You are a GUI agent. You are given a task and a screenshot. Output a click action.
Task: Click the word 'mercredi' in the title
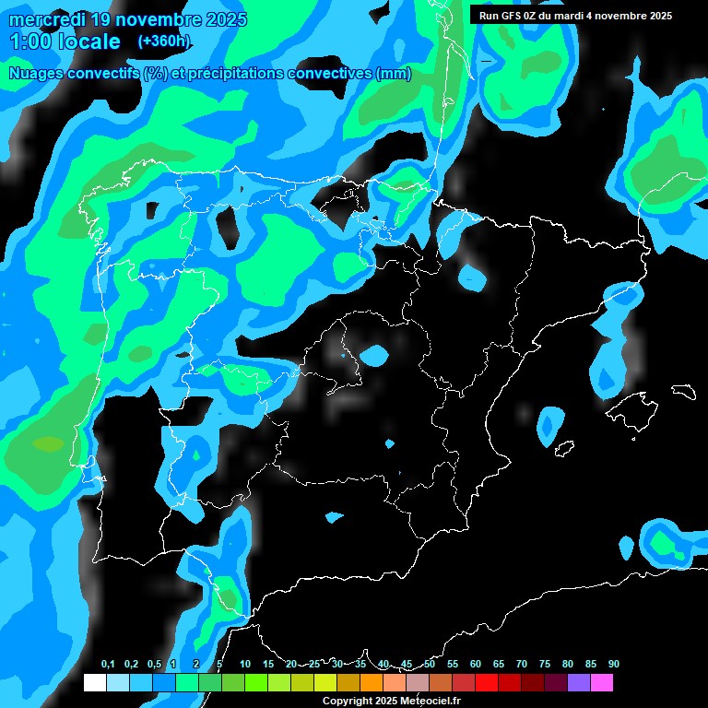coord(47,18)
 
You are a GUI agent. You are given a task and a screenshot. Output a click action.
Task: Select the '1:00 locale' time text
coord(65,41)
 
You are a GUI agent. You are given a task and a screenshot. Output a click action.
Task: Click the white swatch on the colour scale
coord(94,683)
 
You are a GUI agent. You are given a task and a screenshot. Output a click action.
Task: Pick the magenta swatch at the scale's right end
coord(602,683)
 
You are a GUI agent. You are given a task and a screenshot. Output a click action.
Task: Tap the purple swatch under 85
coord(579,683)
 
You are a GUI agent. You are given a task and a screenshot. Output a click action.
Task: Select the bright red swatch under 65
coord(487,683)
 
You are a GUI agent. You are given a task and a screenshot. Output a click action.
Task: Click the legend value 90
coord(614,665)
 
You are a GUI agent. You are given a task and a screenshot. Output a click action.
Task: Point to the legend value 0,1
coord(108,665)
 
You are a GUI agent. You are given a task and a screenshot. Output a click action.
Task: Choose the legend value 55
coord(453,665)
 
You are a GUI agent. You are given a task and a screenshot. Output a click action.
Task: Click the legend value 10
coord(245,665)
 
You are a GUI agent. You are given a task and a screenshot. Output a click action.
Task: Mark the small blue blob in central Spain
coord(374,354)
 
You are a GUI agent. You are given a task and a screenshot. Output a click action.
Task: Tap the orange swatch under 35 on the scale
coord(348,683)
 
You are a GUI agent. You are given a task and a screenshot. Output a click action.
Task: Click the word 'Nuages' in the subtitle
coord(35,74)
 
